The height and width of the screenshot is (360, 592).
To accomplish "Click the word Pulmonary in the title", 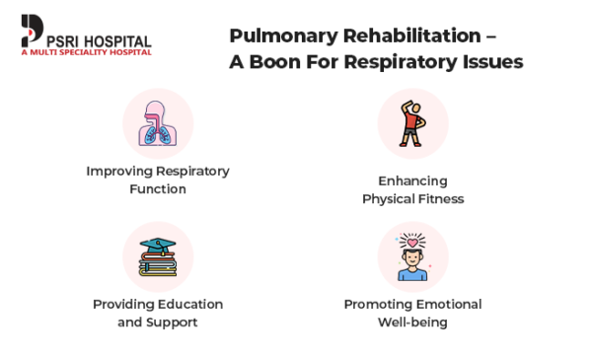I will click(x=273, y=36).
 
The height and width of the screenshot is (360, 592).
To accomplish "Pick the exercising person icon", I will click(x=412, y=123).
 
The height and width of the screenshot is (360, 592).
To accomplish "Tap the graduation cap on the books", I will click(x=158, y=246).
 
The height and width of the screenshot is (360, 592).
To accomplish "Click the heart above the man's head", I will click(x=412, y=241).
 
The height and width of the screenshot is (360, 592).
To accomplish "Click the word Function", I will click(x=158, y=188).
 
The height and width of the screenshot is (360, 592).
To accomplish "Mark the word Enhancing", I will click(x=412, y=180).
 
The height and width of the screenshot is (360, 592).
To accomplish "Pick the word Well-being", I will click(x=412, y=322).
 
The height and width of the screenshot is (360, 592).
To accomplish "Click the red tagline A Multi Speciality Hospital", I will click(x=86, y=52).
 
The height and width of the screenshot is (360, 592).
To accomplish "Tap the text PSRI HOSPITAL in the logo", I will click(x=98, y=40).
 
